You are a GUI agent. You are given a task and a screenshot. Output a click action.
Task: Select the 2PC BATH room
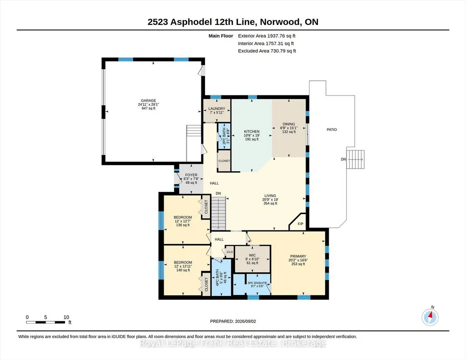click(x=224, y=136)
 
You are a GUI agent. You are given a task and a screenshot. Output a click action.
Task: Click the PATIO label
click(x=332, y=130)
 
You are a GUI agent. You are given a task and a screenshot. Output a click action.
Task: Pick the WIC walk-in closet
click(x=252, y=259)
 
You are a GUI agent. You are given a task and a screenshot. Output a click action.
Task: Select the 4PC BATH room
click(x=221, y=277)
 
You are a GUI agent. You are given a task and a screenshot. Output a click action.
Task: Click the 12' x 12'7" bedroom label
click(x=183, y=221)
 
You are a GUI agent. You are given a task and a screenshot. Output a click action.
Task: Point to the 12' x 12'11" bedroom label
click(x=183, y=266)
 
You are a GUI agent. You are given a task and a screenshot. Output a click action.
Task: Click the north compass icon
click(x=430, y=317)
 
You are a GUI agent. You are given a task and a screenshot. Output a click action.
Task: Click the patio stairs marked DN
click(x=356, y=160)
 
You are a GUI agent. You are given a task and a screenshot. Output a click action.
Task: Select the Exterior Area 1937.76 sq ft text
click(x=266, y=36)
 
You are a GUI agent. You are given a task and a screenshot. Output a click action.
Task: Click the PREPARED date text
click(x=233, y=321)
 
